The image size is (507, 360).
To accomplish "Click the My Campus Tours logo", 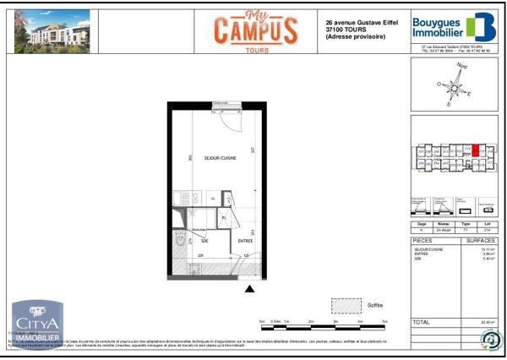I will pos(253,30).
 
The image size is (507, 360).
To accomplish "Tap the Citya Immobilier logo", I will pos(35,325).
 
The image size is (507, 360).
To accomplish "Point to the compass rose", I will pos(455,85).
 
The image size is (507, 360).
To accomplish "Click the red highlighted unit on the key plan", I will pos(475,152).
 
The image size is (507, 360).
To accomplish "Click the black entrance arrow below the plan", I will pos(249,290).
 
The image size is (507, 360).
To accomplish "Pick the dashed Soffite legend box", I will pos(346,304).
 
